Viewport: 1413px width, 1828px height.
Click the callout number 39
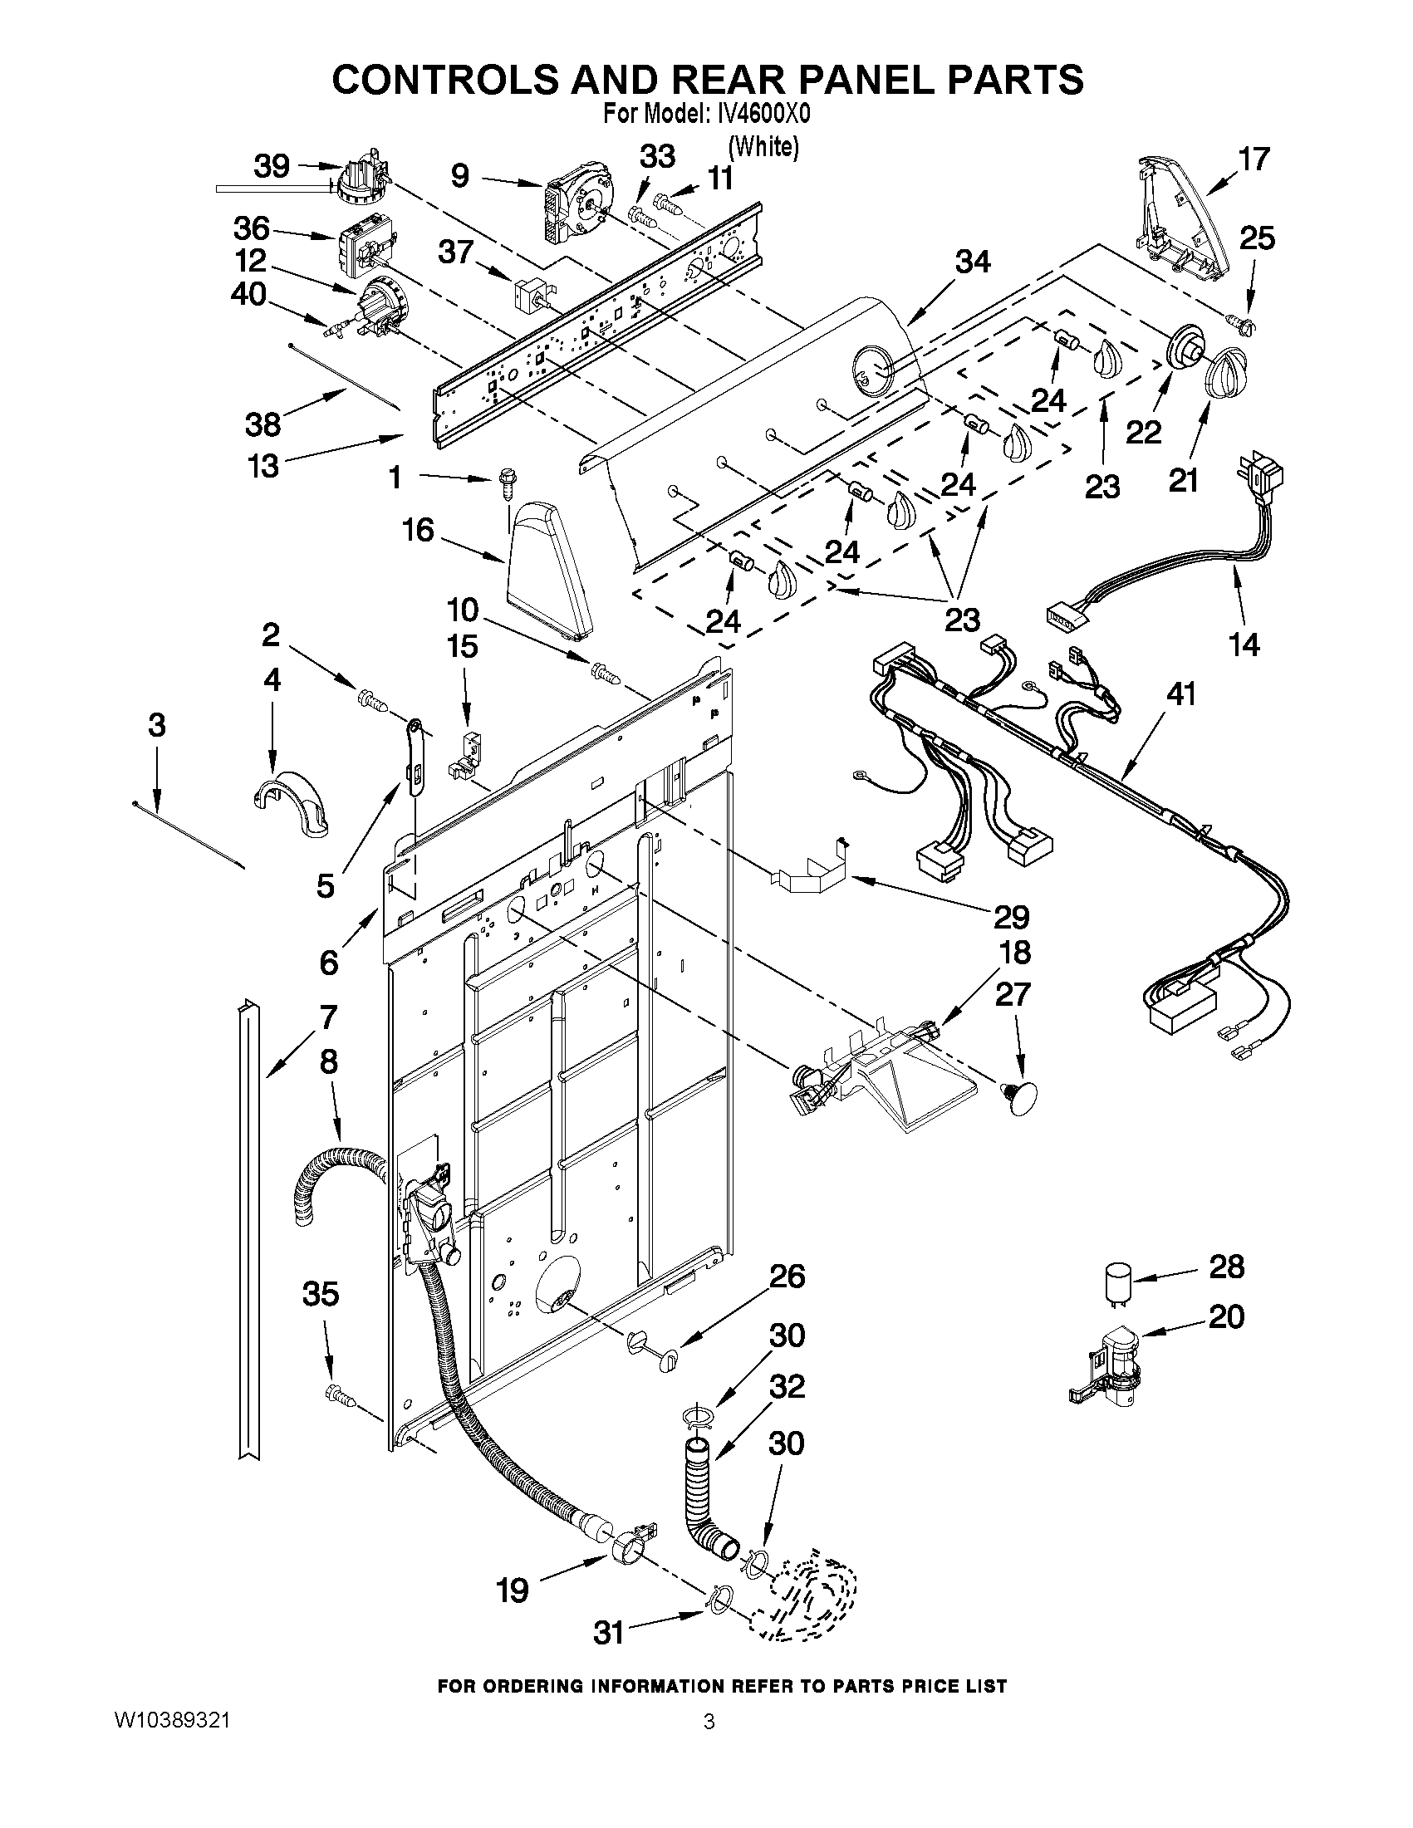point(272,166)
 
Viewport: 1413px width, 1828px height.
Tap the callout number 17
point(1254,159)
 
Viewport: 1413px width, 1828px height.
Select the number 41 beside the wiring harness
point(1180,693)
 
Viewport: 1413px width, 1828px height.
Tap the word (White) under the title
point(763,146)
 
